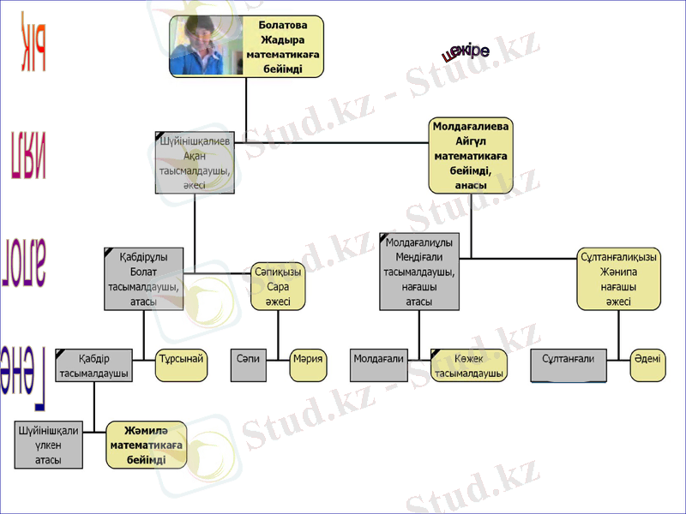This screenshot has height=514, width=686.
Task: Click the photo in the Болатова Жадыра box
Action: pyautogui.click(x=207, y=46)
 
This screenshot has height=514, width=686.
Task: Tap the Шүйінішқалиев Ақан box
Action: pyautogui.click(x=195, y=160)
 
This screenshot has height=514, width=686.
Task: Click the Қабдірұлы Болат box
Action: pyautogui.click(x=143, y=278)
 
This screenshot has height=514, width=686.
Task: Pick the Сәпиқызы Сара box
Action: pyautogui.click(x=277, y=286)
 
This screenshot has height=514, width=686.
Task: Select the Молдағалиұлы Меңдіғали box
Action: pyautogui.click(x=418, y=270)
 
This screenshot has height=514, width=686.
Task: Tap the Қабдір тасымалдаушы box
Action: pyautogui.click(x=93, y=365)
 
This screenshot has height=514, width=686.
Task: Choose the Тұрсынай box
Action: pyautogui.click(x=180, y=359)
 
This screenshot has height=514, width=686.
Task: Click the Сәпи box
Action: pyautogui.click(x=248, y=359)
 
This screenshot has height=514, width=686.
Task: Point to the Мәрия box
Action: pyautogui.click(x=308, y=359)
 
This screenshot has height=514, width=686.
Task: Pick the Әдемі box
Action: pyautogui.click(x=647, y=359)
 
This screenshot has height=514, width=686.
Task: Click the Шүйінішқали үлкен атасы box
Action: pyautogui.click(x=48, y=445)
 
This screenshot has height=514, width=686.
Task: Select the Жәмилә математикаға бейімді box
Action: pyautogui.click(x=146, y=445)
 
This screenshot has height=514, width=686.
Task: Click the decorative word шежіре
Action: pyautogui.click(x=466, y=51)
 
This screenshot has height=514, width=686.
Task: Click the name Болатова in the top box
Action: pyautogui.click(x=283, y=26)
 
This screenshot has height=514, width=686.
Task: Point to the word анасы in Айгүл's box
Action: pyautogui.click(x=470, y=185)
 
